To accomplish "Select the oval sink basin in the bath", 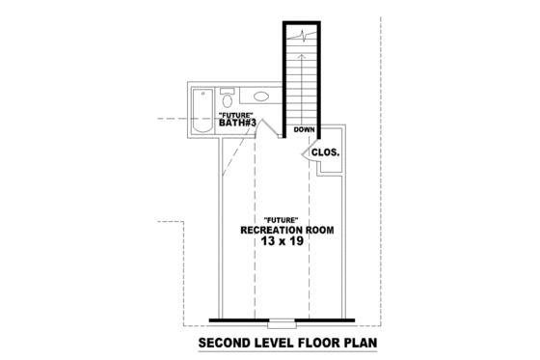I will pos(262,97).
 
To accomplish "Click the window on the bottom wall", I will pos(282,321).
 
